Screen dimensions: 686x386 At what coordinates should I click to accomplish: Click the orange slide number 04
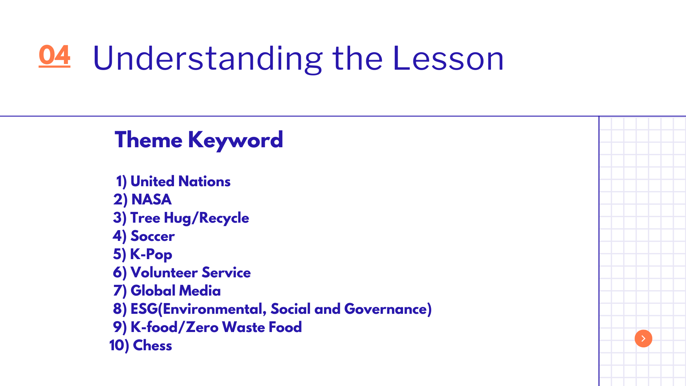click(54, 55)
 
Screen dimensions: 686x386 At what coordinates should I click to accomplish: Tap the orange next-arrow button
click(643, 338)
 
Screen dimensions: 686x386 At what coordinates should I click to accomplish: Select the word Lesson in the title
click(448, 58)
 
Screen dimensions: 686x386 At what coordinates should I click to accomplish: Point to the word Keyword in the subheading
click(235, 140)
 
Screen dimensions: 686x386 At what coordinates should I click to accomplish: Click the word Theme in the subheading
click(149, 140)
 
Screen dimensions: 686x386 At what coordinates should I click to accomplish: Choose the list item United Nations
click(180, 182)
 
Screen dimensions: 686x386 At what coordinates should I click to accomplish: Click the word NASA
click(151, 199)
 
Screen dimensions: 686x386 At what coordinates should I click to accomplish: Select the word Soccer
click(153, 236)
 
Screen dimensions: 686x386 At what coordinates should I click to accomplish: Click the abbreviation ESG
click(144, 309)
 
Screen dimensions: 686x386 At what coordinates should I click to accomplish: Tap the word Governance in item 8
click(386, 309)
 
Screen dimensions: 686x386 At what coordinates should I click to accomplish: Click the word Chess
click(153, 346)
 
